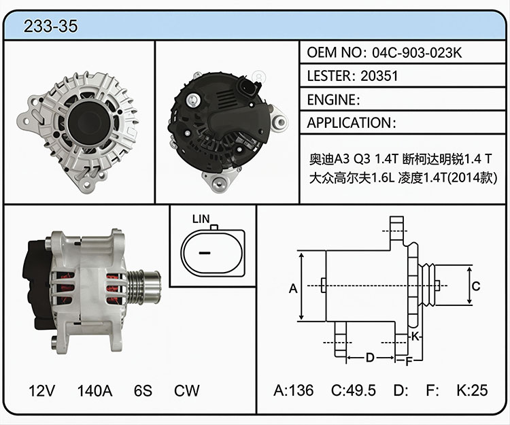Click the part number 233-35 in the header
[51, 26]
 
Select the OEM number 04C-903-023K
[417, 52]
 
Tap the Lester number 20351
[379, 76]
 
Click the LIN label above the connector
[201, 219]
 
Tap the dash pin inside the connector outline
[205, 253]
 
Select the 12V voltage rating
[41, 390]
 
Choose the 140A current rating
[95, 390]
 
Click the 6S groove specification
[143, 390]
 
